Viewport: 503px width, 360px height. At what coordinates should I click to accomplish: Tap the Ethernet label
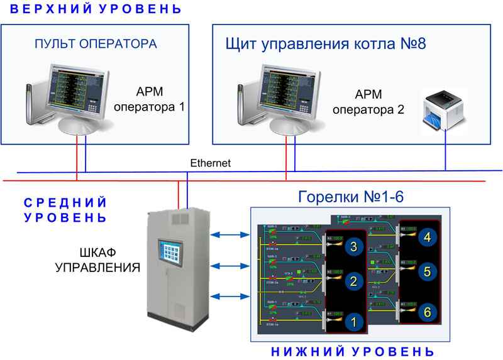(210, 163)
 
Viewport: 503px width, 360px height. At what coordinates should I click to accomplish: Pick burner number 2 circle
(353, 282)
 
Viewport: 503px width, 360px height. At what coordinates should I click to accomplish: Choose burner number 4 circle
(427, 237)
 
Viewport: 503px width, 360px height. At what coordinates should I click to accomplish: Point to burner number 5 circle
(427, 271)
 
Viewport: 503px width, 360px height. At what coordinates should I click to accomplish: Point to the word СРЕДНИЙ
(65, 203)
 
